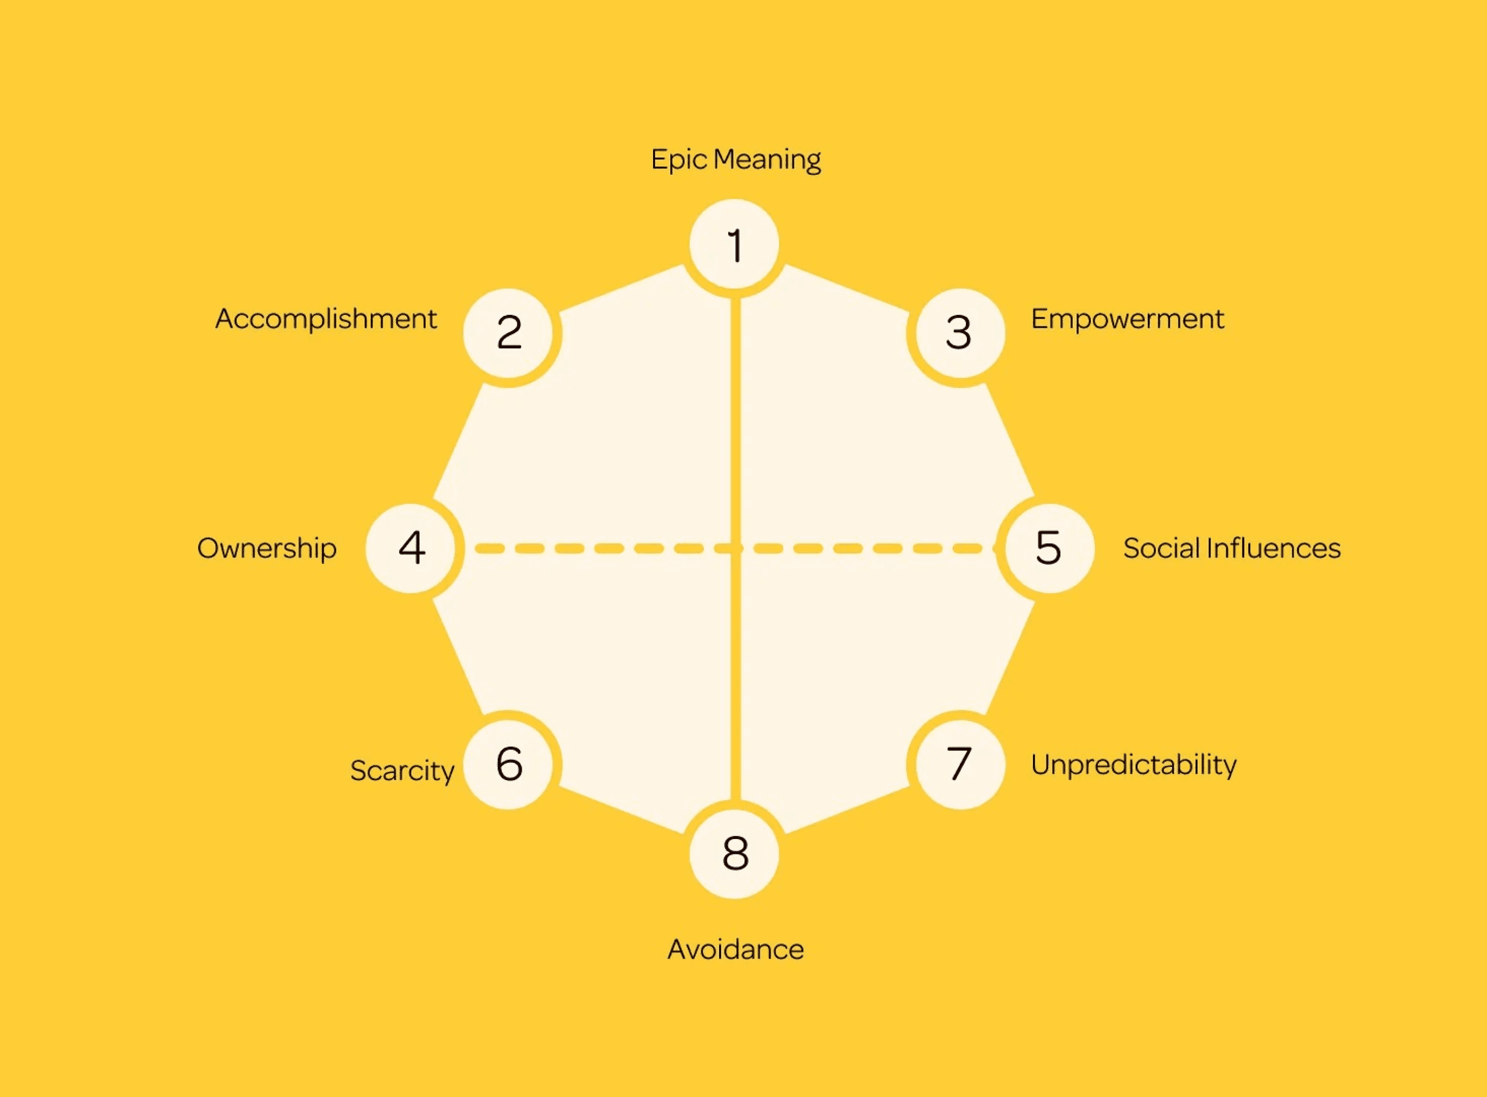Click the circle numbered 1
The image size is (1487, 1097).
point(734,245)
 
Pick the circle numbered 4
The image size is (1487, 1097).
point(411,548)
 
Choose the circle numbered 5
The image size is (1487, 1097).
point(1049,548)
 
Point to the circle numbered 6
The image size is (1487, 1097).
point(509,764)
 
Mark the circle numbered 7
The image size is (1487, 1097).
point(959,764)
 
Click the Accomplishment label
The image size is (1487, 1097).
point(326,319)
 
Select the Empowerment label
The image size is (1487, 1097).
point(1127,319)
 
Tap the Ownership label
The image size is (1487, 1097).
point(267,548)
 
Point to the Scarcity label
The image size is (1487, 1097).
point(402,770)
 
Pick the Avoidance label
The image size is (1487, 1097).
point(735,950)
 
